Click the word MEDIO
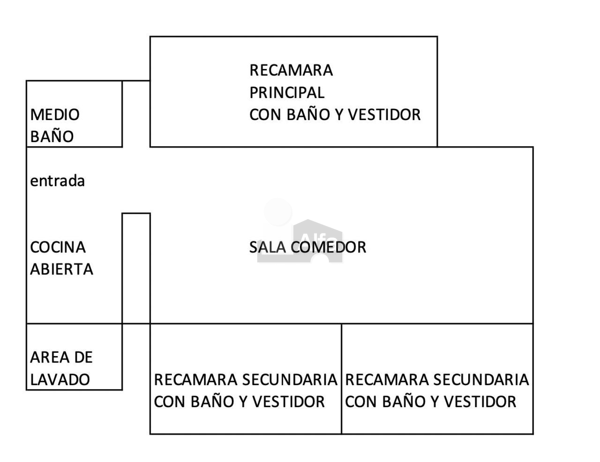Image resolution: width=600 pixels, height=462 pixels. (55, 114)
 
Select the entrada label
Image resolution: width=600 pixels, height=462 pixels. (58, 181)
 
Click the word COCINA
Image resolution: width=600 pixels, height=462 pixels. (58, 247)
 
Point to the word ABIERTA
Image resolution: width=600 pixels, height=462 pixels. (61, 269)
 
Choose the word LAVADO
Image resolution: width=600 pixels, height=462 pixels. (60, 380)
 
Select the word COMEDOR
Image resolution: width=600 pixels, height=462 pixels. (329, 247)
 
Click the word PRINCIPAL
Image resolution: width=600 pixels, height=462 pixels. (287, 92)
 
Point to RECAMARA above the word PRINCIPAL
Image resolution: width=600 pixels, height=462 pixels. (291, 70)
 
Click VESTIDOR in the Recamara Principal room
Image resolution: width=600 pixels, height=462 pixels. (384, 114)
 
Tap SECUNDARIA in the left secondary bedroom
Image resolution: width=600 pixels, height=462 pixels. (290, 380)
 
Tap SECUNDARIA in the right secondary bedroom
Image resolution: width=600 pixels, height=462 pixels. (481, 380)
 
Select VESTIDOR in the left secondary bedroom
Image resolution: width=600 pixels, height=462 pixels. (288, 402)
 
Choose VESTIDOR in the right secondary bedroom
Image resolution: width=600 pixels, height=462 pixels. (480, 402)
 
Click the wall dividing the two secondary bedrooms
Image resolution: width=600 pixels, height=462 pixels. (342, 379)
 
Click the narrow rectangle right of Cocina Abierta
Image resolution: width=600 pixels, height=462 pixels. (136, 213)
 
